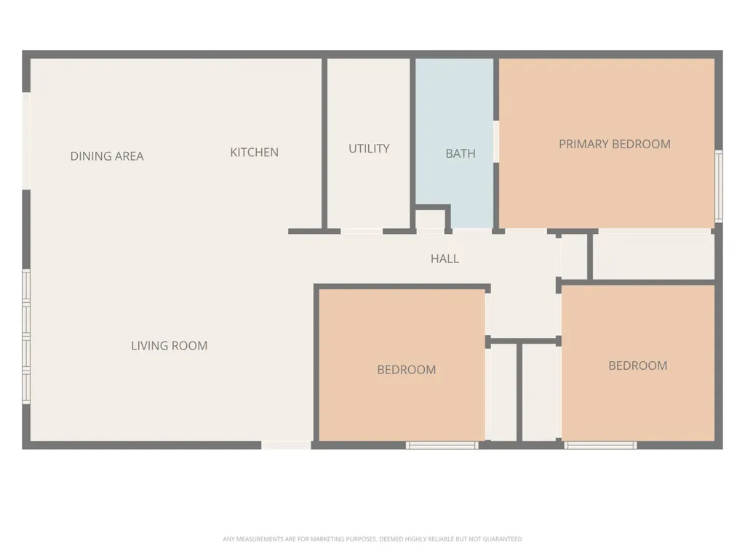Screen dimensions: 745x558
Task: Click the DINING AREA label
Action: pos(107,156)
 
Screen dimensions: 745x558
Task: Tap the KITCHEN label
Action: pos(254,153)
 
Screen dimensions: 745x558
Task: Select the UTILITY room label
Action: pos(369,148)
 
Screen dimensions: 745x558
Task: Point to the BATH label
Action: pos(461,153)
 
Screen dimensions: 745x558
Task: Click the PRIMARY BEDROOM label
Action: pos(615,144)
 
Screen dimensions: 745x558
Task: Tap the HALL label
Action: pos(445,259)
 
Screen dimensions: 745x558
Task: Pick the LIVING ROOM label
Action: pos(169,345)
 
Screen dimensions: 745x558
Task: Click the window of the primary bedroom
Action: pos(719,186)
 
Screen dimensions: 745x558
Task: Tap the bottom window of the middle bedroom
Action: pos(442,445)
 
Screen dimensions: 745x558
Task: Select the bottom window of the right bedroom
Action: pos(600,445)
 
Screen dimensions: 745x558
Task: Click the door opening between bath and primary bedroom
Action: pos(496,142)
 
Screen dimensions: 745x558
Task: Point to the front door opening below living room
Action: pos(286,445)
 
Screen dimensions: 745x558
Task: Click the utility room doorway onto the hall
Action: pos(362,232)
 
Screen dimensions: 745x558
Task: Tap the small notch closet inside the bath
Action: pos(430,219)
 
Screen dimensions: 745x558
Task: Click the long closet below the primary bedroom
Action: pos(654,256)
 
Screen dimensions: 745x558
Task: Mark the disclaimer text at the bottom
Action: pos(372,539)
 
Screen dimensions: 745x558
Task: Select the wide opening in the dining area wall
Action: pos(27,142)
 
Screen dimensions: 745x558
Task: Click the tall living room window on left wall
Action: pos(27,337)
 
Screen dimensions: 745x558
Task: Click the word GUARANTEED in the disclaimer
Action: pos(502,539)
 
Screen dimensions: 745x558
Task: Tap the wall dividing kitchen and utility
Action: pos(324,144)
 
